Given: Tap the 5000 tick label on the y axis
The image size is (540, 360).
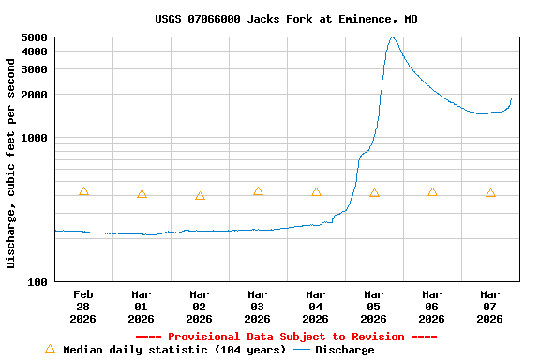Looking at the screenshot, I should click(x=34, y=37).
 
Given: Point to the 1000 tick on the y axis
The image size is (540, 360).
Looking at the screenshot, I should click(x=34, y=138).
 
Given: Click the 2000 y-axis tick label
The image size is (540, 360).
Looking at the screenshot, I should click(x=34, y=95).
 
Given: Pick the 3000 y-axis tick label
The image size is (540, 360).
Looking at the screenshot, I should click(x=34, y=69).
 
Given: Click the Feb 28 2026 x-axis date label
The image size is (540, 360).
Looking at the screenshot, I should click(x=83, y=306).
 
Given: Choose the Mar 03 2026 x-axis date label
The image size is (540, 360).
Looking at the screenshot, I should click(x=258, y=306).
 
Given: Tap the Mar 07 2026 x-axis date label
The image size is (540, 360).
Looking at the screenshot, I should click(x=490, y=306).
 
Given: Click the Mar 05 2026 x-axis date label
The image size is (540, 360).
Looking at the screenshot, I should click(x=374, y=306).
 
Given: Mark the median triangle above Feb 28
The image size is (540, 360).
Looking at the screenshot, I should click(x=83, y=191).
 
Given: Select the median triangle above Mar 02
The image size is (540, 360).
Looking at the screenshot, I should click(x=200, y=196).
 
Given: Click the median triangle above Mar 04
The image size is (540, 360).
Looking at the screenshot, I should click(x=316, y=192).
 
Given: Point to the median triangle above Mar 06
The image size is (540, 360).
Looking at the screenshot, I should click(x=432, y=192).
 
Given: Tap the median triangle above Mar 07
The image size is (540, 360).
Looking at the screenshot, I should click(x=490, y=193).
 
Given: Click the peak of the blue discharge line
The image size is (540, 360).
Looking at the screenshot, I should click(x=393, y=37).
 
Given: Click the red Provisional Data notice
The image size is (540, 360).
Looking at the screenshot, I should click(x=286, y=337).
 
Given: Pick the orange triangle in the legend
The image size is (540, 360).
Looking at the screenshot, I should click(x=51, y=349).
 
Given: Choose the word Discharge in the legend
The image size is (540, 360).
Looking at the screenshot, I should click(x=344, y=350).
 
